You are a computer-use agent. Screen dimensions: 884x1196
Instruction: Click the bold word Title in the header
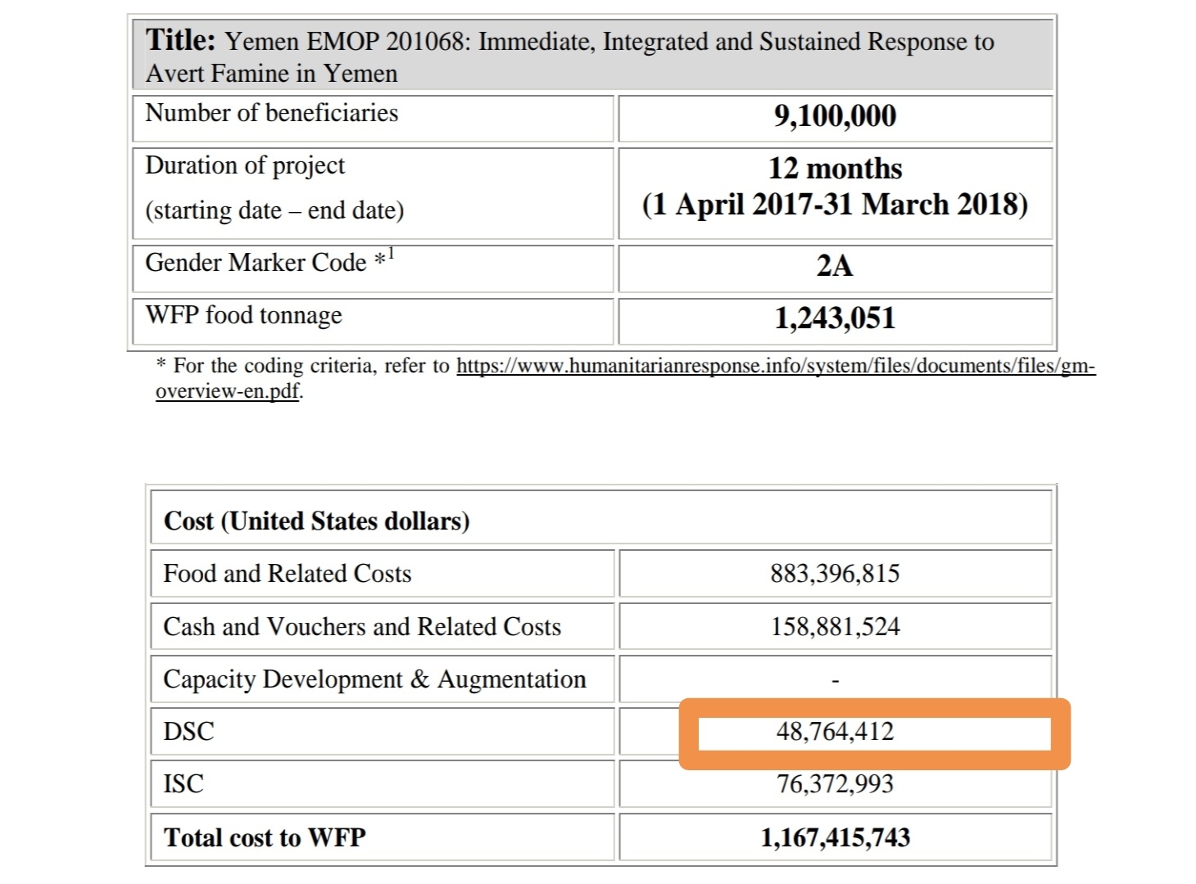coord(180,39)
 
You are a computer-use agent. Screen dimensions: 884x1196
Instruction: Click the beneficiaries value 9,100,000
coord(835,116)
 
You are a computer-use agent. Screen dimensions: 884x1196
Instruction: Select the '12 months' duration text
coord(835,169)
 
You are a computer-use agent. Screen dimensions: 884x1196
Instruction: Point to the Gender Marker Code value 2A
coord(835,266)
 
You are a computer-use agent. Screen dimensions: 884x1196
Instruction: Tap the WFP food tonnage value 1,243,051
coord(835,318)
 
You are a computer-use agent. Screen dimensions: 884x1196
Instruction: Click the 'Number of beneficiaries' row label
coord(271,113)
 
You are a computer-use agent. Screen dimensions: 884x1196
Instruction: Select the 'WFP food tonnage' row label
coord(243,315)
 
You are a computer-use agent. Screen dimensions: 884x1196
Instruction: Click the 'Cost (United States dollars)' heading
coord(316,521)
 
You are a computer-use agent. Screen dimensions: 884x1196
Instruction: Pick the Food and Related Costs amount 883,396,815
coord(835,573)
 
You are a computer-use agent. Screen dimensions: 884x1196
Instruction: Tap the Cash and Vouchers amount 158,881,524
coord(835,627)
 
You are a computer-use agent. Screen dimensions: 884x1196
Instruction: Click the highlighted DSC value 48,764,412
coord(835,731)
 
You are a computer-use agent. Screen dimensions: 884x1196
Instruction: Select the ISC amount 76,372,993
coord(835,784)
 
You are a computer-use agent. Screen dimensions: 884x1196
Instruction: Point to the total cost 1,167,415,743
coord(835,837)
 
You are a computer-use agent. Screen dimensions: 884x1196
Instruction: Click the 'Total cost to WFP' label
coord(265,837)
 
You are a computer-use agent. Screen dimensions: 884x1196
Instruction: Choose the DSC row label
coord(188,731)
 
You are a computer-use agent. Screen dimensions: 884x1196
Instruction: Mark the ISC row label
coord(183,784)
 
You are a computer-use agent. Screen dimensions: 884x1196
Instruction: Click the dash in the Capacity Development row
coord(835,680)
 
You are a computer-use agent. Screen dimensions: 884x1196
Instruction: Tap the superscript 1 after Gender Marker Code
coord(391,254)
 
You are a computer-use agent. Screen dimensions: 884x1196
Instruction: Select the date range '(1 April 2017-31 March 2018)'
coord(835,205)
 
